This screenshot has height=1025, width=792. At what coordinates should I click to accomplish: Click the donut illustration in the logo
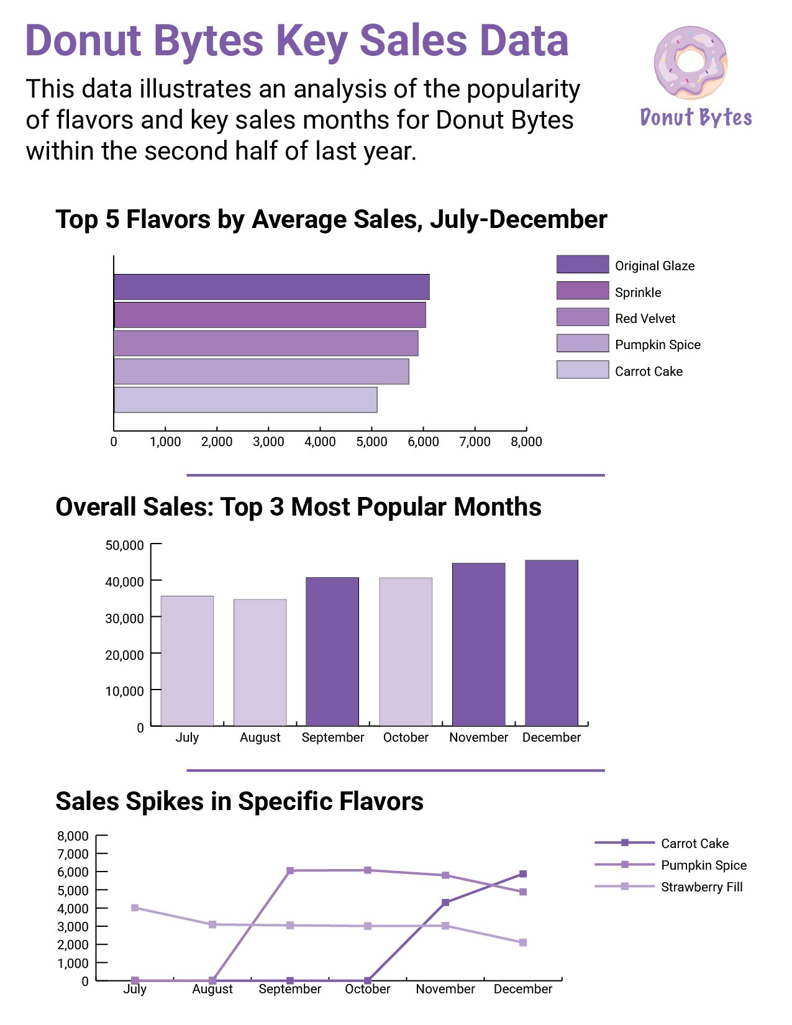(x=690, y=62)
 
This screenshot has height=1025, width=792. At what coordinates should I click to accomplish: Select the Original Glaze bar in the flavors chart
(x=271, y=287)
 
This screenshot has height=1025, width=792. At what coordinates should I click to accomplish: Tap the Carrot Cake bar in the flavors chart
(x=245, y=399)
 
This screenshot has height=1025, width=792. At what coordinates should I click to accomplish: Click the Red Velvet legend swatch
(x=582, y=317)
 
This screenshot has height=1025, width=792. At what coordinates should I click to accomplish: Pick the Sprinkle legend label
(x=637, y=293)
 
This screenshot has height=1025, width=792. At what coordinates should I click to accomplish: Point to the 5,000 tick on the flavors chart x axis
(x=371, y=441)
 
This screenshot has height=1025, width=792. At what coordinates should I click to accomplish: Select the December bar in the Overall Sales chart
(x=551, y=643)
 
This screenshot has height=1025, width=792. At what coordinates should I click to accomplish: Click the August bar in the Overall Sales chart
(x=260, y=662)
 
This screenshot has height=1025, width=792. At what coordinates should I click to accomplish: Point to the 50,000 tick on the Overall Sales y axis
(x=125, y=545)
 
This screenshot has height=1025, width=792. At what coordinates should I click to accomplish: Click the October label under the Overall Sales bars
(x=406, y=737)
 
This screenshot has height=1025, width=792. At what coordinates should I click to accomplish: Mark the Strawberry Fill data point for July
(x=135, y=908)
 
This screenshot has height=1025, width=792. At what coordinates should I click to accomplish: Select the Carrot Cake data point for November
(x=445, y=902)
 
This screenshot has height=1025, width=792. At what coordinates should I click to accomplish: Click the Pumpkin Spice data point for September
(x=290, y=871)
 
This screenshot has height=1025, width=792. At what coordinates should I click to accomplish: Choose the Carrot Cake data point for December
(x=523, y=874)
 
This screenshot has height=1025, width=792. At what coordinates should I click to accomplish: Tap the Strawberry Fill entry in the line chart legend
(x=701, y=887)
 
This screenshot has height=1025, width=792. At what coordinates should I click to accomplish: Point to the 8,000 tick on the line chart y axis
(x=73, y=836)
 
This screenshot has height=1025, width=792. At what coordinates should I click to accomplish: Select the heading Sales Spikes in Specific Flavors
(x=239, y=801)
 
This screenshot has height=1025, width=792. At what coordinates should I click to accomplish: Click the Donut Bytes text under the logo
(x=696, y=117)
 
